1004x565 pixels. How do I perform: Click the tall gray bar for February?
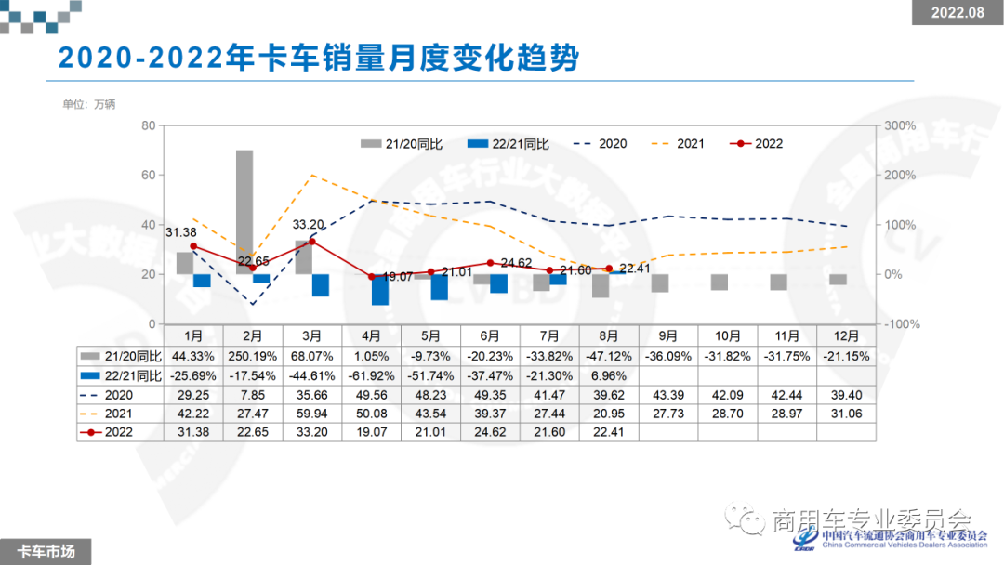pyautogui.click(x=244, y=212)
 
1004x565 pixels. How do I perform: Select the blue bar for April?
pyautogui.click(x=379, y=290)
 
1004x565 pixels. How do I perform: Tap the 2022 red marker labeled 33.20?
pyautogui.click(x=312, y=242)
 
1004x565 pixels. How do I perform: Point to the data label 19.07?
pyautogui.click(x=398, y=277)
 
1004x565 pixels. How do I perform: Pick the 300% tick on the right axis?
pyautogui.click(x=899, y=125)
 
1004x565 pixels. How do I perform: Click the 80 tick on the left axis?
pyautogui.click(x=148, y=125)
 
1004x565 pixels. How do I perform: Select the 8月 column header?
pyautogui.click(x=609, y=335)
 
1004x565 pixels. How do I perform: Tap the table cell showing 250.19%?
pyautogui.click(x=253, y=356)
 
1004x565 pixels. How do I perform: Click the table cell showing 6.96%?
pyautogui.click(x=609, y=375)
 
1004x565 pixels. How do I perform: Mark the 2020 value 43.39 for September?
pyautogui.click(x=668, y=395)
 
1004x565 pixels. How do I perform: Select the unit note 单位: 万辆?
pyautogui.click(x=88, y=104)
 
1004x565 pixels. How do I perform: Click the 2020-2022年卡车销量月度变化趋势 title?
pyautogui.click(x=318, y=59)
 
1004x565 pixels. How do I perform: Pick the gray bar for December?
pyautogui.click(x=839, y=280)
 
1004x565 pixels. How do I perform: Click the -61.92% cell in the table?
pyautogui.click(x=372, y=375)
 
